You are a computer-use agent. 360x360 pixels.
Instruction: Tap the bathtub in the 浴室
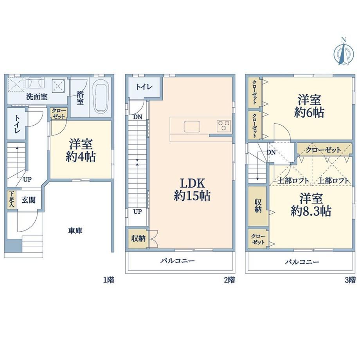click(x=100, y=98)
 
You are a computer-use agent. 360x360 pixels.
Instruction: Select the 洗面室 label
click(x=37, y=97)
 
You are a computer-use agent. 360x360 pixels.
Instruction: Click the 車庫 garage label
click(x=75, y=231)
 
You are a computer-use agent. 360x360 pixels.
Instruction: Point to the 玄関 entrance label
click(x=29, y=200)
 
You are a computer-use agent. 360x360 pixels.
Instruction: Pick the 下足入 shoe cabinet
click(x=11, y=199)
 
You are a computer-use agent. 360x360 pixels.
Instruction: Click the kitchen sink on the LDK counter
click(x=192, y=126)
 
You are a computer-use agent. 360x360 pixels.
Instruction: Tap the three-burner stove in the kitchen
click(x=224, y=126)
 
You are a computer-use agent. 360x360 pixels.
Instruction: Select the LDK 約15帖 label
click(x=192, y=189)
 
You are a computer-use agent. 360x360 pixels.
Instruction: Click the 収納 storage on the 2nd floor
click(x=138, y=239)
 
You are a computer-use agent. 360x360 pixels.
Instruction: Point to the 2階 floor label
click(x=229, y=280)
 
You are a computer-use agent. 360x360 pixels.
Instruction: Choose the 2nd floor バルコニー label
click(x=178, y=261)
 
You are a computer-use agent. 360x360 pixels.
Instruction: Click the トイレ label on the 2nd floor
click(x=144, y=87)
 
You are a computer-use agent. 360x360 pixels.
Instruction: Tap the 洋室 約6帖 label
click(x=309, y=106)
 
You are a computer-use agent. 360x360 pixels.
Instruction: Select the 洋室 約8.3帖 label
click(x=311, y=205)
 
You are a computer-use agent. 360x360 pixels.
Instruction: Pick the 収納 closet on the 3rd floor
click(x=258, y=206)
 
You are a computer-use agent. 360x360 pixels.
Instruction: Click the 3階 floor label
click(x=350, y=280)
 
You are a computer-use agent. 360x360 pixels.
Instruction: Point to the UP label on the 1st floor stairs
click(x=27, y=179)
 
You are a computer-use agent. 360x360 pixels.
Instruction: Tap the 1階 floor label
click(x=109, y=280)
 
